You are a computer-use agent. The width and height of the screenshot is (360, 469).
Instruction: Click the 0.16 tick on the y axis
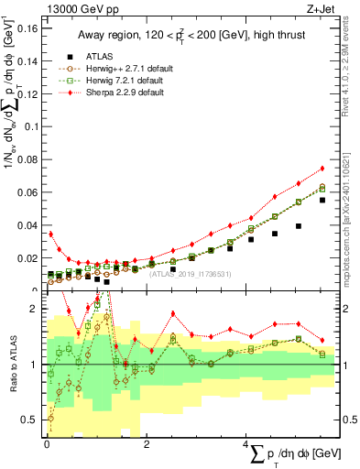pyautogui.click(x=27, y=28)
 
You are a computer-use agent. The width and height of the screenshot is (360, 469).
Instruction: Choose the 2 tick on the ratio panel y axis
pyautogui.click(x=34, y=309)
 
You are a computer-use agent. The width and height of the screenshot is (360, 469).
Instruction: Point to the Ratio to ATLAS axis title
pyautogui.click(x=13, y=365)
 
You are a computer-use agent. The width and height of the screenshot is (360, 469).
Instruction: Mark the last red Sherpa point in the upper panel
pyautogui.click(x=322, y=168)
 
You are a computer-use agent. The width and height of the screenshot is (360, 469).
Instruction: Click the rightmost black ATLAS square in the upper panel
pyautogui.click(x=322, y=200)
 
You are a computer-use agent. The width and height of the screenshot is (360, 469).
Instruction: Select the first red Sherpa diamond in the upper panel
pyautogui.click(x=50, y=234)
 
